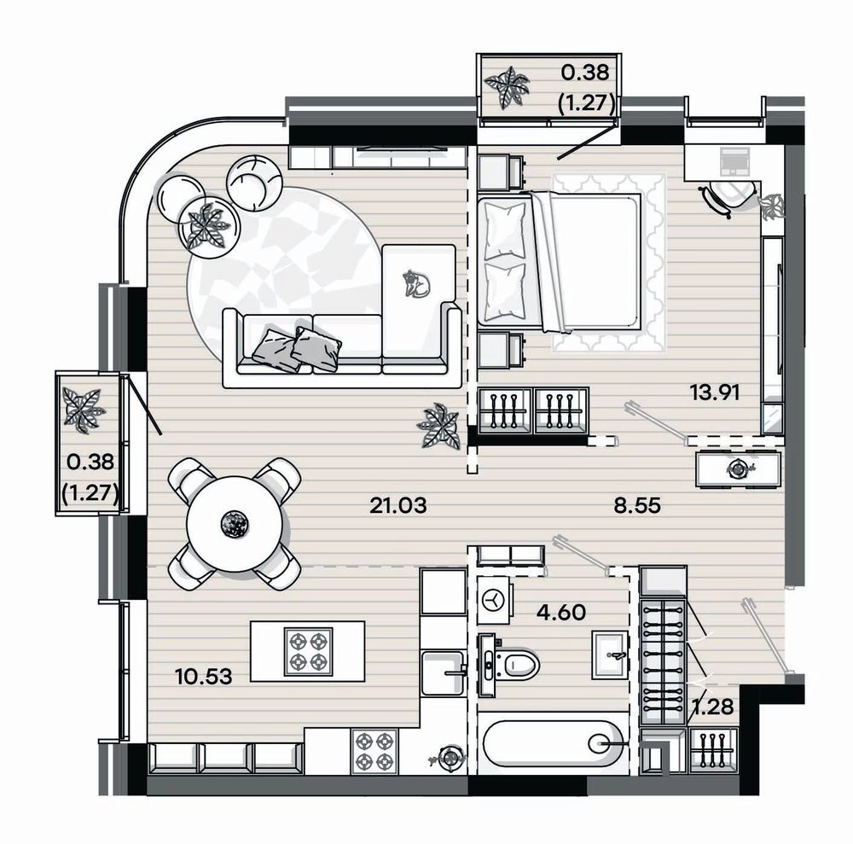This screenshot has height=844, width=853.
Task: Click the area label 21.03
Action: click(x=397, y=506)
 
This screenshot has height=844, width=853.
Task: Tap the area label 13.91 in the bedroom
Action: click(x=714, y=392)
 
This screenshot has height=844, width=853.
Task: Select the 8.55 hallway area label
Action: click(x=637, y=505)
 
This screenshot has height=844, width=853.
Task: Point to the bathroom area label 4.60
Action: click(x=561, y=613)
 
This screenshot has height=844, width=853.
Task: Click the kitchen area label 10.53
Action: click(x=204, y=677)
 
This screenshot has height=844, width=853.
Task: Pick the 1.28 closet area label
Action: click(x=712, y=707)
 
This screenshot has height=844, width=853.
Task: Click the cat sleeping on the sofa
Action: click(x=415, y=284)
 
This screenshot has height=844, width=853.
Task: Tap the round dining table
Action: click(x=235, y=523)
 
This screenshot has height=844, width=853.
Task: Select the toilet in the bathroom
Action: click(x=509, y=665)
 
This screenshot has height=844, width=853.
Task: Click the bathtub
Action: click(x=553, y=743)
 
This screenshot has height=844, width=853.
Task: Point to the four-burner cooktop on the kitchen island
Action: click(x=308, y=651)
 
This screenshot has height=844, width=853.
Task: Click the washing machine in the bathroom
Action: click(x=495, y=600)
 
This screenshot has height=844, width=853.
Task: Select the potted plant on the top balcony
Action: click(x=507, y=86)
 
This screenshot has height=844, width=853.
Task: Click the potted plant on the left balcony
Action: click(x=82, y=410)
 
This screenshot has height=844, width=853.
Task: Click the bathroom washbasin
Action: click(x=609, y=655)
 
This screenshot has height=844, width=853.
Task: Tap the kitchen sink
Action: click(x=444, y=672)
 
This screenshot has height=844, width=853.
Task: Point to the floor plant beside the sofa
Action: click(x=439, y=426)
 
